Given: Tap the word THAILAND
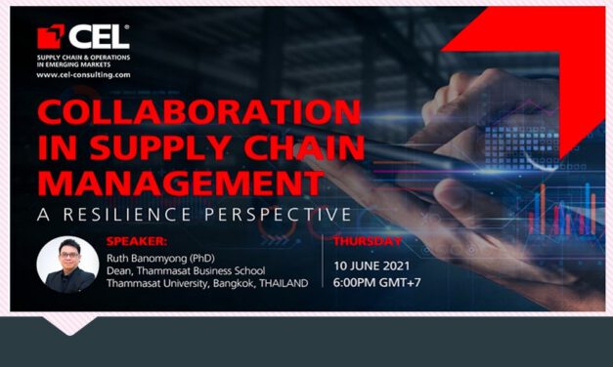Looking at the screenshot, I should point(278,283).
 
